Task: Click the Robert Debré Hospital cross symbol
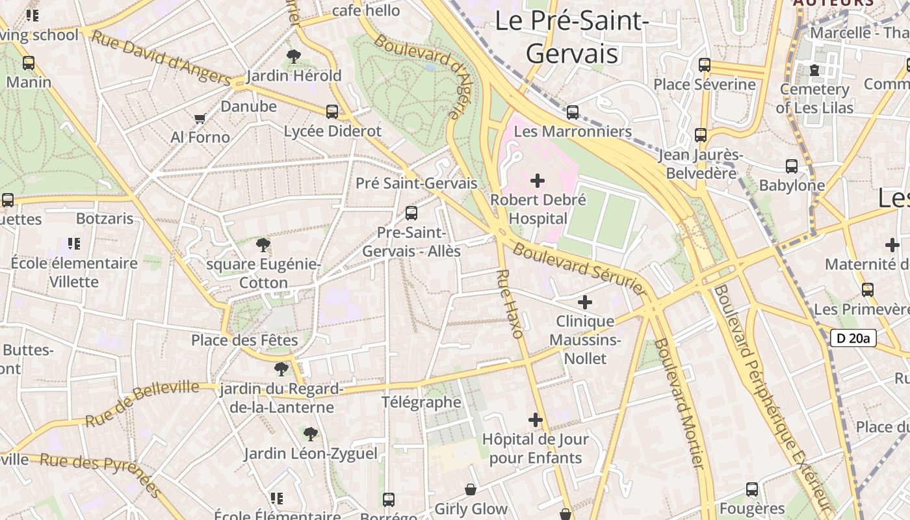538,180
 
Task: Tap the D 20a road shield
853,338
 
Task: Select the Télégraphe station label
421,402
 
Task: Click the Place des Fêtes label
244,340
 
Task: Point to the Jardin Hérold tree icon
294,57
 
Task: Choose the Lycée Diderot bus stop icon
332,112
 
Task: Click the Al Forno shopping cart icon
200,118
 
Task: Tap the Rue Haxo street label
510,304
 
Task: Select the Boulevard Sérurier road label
580,267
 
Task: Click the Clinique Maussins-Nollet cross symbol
585,302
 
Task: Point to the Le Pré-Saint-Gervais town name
572,37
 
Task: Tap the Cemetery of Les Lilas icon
814,70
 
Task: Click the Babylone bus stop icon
792,166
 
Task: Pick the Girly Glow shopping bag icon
471,489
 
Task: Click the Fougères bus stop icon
752,489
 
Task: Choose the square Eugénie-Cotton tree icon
263,245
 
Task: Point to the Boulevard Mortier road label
679,403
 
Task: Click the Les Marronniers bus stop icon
573,112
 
